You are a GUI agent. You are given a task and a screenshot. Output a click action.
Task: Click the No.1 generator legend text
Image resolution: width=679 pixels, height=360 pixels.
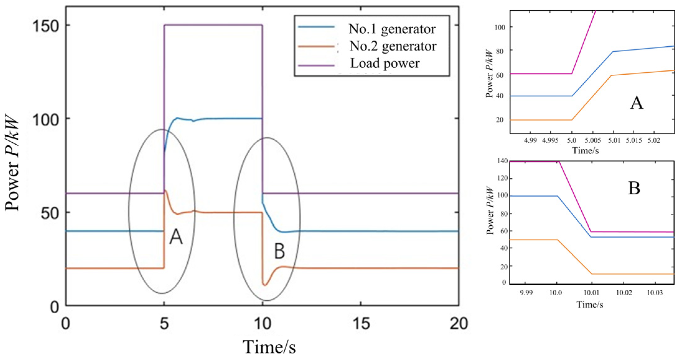[392, 29]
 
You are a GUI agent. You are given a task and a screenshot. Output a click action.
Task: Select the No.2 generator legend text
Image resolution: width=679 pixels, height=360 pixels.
[393, 46]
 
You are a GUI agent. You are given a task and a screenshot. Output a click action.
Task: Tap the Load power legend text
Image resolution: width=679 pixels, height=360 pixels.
[385, 63]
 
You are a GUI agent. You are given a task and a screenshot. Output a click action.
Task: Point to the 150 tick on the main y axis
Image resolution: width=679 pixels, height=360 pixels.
[46, 26]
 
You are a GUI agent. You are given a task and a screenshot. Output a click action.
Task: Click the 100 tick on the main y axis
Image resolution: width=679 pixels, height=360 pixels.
[46, 119]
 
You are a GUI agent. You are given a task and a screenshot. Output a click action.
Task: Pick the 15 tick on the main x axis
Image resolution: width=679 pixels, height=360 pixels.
[361, 324]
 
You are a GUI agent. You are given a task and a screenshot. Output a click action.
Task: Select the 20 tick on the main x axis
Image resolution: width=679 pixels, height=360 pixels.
[459, 324]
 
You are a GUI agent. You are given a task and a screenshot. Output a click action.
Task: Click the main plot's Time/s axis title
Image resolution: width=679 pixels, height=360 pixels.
[269, 347]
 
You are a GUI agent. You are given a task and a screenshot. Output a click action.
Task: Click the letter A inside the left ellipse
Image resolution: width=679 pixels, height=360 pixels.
[176, 237]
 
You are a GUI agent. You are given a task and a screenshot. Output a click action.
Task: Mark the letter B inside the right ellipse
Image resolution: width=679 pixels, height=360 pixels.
[279, 251]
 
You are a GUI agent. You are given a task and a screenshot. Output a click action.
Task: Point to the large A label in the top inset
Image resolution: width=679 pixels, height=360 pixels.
[636, 103]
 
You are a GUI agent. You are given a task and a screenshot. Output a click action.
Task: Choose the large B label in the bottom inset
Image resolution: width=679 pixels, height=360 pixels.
[634, 188]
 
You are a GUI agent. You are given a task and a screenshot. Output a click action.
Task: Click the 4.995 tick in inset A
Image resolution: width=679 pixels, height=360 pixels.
[550, 141]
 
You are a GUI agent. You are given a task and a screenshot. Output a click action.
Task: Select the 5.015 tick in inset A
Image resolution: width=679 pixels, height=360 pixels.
[634, 141]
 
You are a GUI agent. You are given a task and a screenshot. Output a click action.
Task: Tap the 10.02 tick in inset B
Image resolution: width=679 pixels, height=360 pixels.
[624, 293]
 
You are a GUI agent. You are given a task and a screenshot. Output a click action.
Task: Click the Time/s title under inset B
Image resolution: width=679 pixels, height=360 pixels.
[590, 304]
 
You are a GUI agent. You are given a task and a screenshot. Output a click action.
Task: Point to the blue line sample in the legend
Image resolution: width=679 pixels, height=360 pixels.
[316, 27]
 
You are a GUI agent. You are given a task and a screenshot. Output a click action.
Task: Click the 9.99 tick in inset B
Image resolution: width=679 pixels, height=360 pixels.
[526, 293]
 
